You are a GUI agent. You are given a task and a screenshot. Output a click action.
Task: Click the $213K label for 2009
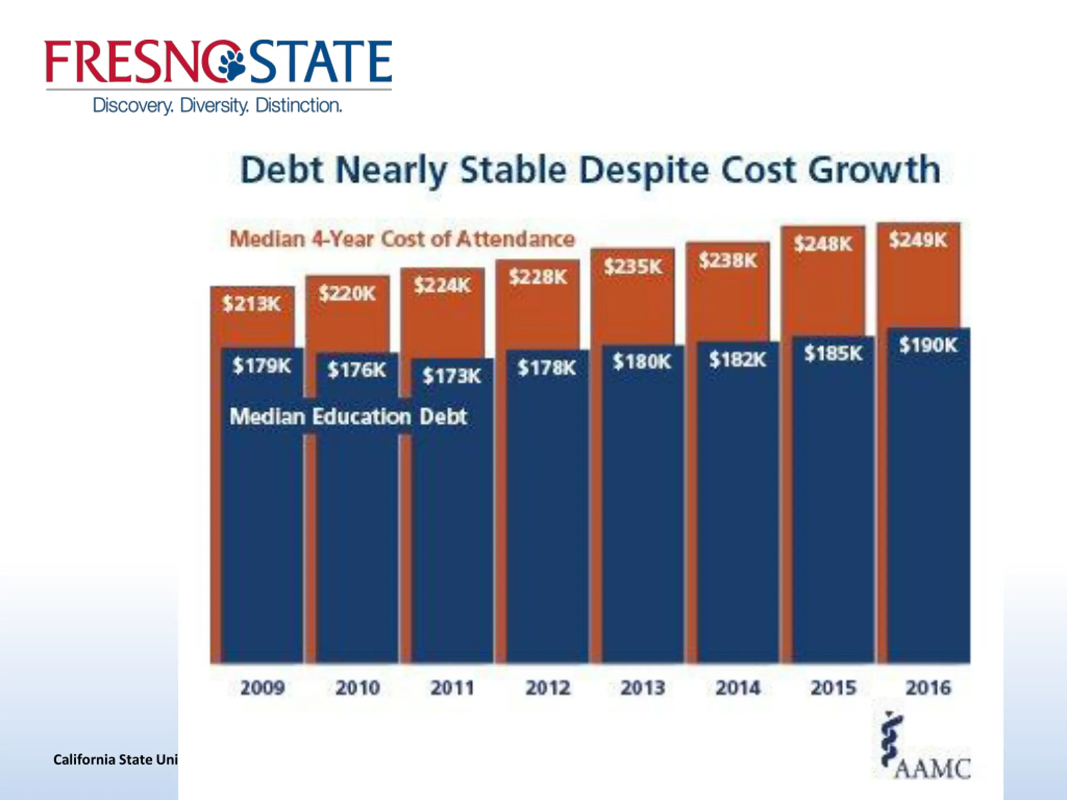251,304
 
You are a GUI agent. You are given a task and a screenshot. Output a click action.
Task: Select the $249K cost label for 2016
918,240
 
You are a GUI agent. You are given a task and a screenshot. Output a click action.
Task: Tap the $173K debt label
451,376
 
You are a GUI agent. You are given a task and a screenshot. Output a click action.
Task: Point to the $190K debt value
928,345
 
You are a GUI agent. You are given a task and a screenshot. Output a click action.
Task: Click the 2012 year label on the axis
548,687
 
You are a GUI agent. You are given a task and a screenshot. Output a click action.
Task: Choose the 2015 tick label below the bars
833,687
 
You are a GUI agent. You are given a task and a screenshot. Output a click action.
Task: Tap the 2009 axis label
263,687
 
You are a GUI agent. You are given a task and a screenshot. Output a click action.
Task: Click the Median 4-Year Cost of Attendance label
402,239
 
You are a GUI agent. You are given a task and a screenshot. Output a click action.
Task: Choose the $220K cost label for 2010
347,293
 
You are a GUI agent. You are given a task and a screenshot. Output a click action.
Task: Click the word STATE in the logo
320,62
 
